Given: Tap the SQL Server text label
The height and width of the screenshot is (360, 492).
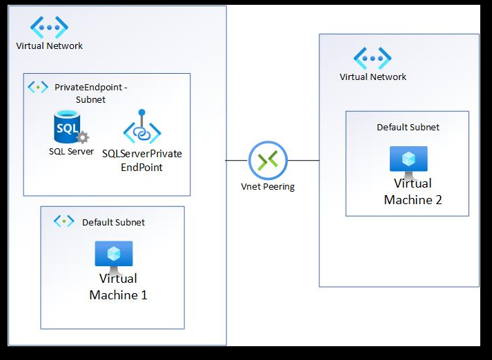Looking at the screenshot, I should click(71, 151).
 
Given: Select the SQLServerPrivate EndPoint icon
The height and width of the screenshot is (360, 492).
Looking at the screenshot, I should click(141, 128).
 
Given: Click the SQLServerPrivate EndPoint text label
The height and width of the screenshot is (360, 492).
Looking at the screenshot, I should click(141, 160).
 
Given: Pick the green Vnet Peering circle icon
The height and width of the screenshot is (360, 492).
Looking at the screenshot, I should click(267, 160).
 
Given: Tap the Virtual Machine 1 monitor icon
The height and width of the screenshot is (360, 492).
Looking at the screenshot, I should click(114, 256).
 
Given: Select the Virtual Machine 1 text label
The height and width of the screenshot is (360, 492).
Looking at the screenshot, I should click(118, 287).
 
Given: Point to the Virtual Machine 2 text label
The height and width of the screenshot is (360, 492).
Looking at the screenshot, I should click(413, 192).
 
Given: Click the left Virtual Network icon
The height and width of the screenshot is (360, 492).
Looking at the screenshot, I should click(49, 28).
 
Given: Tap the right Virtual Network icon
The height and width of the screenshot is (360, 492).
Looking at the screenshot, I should click(373, 58).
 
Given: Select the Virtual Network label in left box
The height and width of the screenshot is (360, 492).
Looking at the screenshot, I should click(49, 46).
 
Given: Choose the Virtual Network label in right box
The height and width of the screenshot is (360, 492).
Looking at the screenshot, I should click(373, 77).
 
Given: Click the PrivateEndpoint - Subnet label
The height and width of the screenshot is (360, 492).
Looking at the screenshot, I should click(90, 93).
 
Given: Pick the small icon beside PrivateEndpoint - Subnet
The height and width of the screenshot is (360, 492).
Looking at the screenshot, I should click(37, 87).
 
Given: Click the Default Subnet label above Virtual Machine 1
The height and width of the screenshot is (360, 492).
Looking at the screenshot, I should click(113, 222).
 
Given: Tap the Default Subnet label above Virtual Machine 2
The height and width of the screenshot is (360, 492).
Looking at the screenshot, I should click(408, 127).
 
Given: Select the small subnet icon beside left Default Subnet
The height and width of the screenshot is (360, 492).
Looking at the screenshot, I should click(64, 221).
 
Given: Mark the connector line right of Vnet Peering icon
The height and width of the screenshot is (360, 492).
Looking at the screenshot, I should click(303, 160).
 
